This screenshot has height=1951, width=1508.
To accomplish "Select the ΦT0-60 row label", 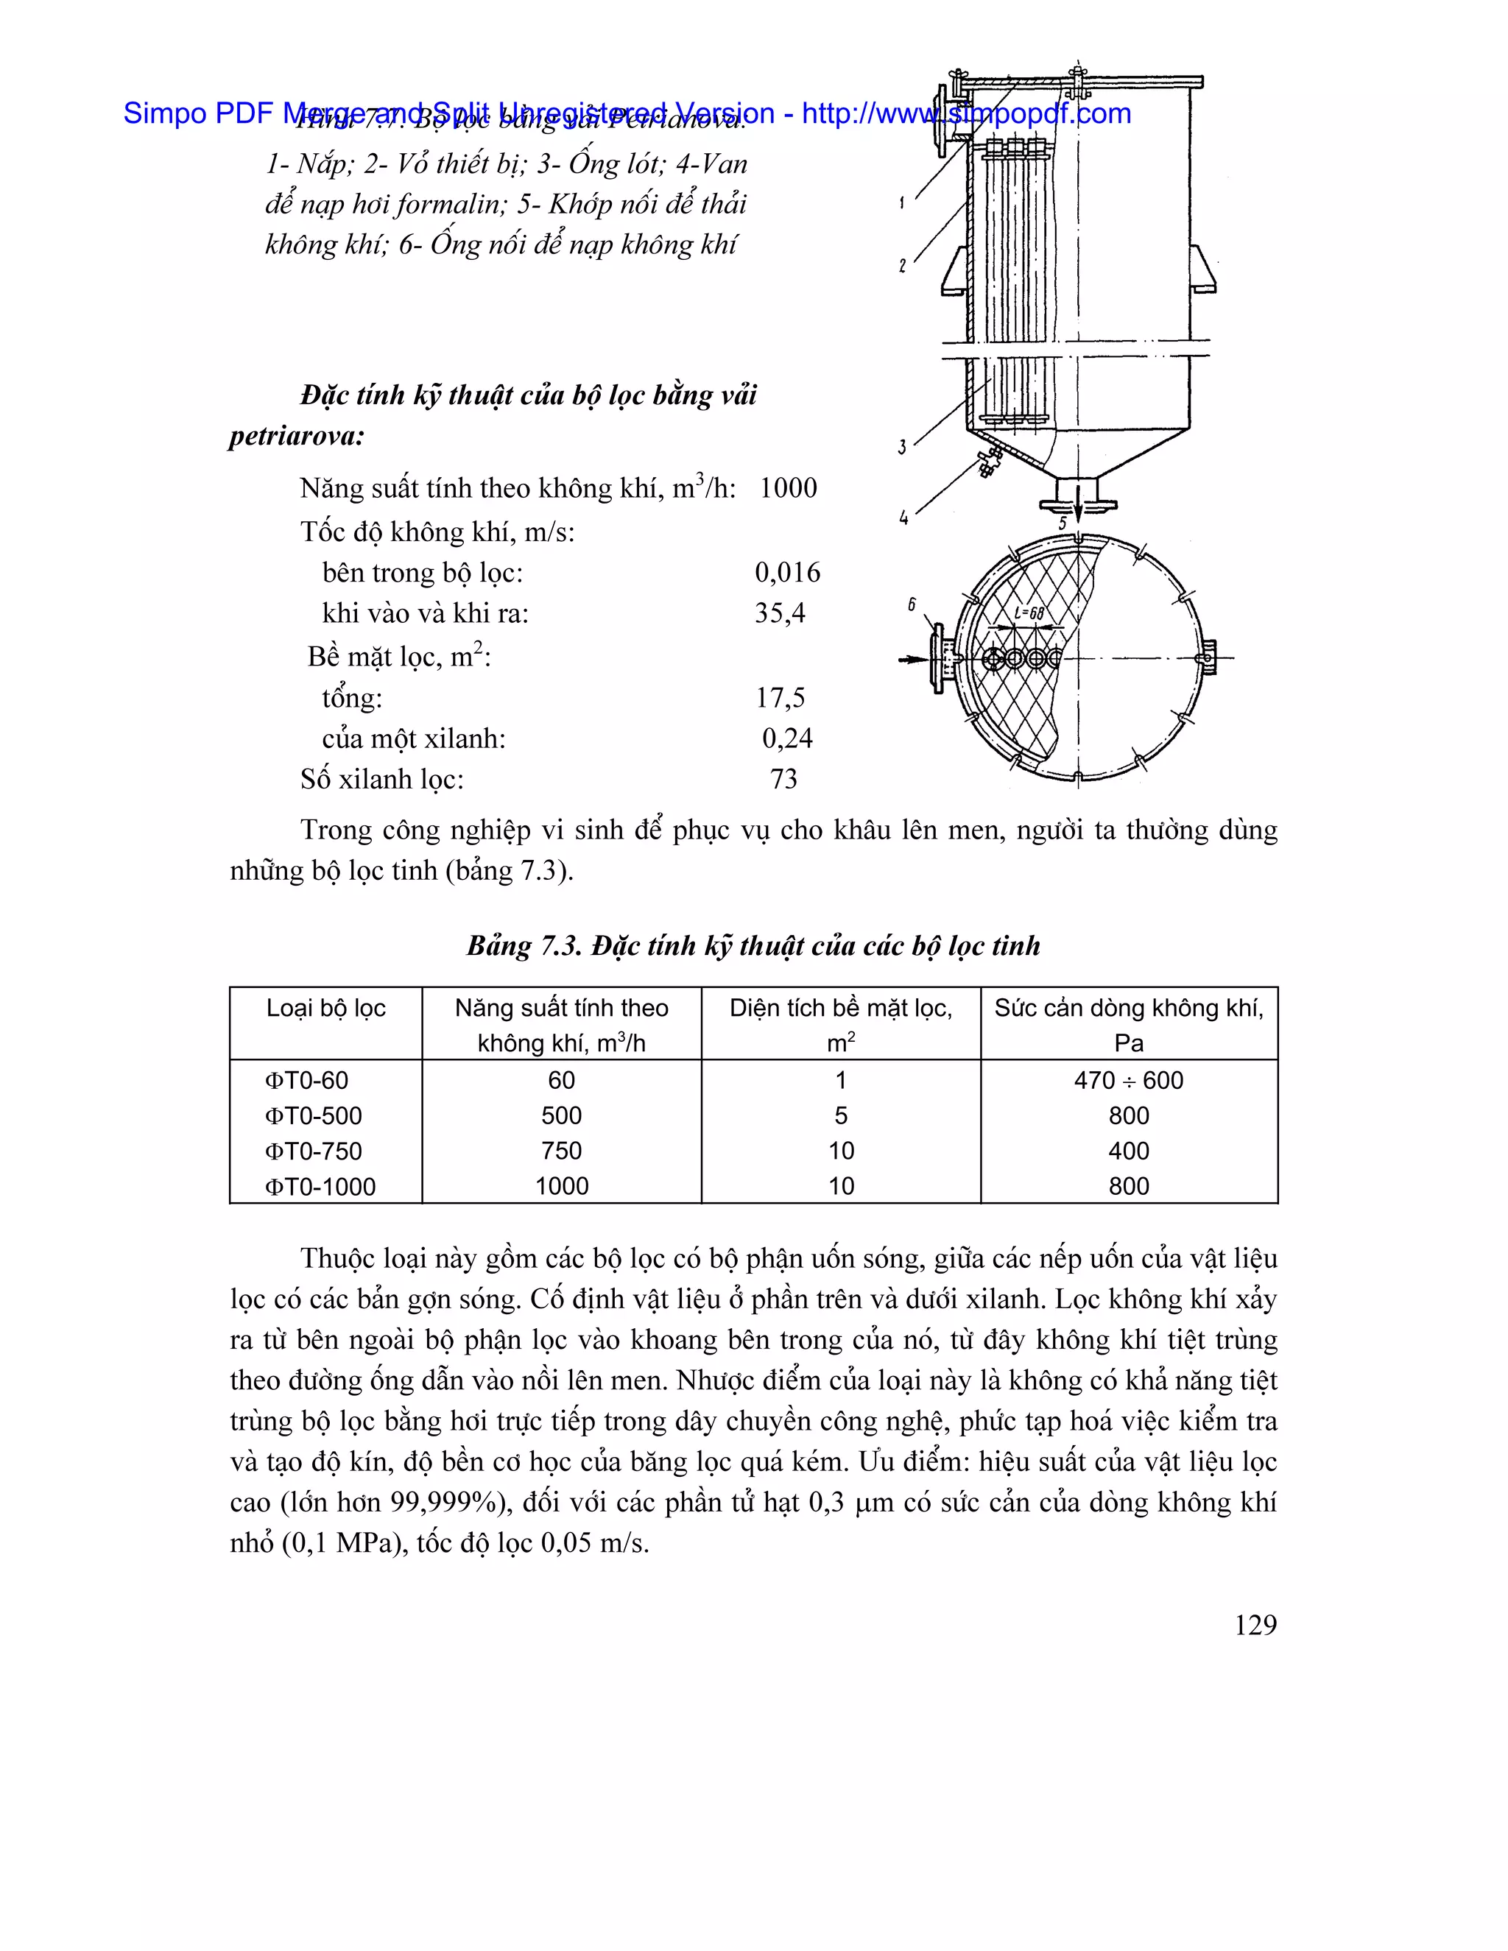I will (x=306, y=1080).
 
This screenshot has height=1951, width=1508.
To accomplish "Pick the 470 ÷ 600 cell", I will (x=1128, y=1080).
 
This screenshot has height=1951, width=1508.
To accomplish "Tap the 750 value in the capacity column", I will (x=561, y=1151).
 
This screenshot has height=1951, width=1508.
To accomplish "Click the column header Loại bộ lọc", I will (x=325, y=1008).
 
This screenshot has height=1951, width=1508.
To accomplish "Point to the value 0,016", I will (x=787, y=573).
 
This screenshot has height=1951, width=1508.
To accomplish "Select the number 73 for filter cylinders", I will (x=783, y=779).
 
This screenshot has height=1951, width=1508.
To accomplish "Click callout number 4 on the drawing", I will (x=903, y=518).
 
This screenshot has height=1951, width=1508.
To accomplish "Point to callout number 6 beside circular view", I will (x=912, y=604).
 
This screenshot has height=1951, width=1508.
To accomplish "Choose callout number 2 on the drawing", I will (x=902, y=265).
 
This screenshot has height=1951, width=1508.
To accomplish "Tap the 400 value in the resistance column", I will (x=1128, y=1151).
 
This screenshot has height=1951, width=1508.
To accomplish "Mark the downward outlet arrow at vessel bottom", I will (x=1078, y=505).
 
